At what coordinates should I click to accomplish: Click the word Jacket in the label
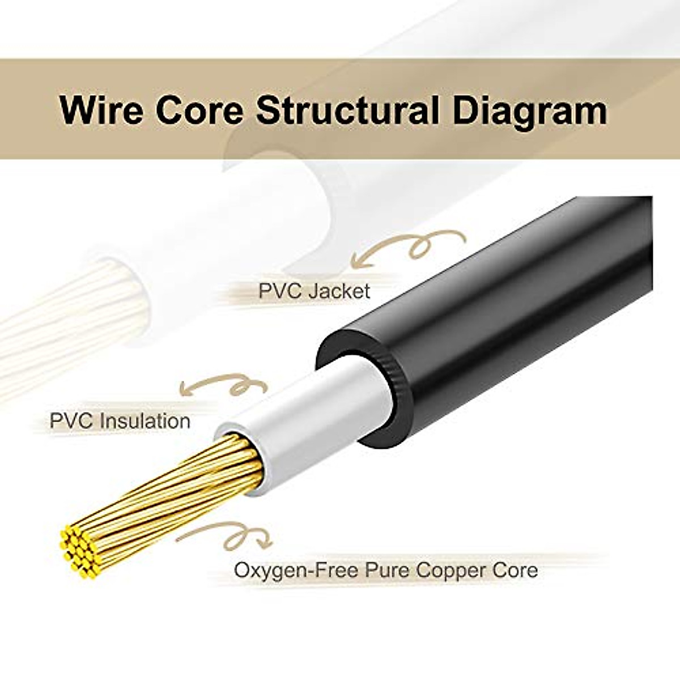tap(339, 291)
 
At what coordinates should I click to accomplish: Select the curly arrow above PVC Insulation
tap(224, 385)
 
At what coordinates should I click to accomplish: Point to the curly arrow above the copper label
tap(227, 535)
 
